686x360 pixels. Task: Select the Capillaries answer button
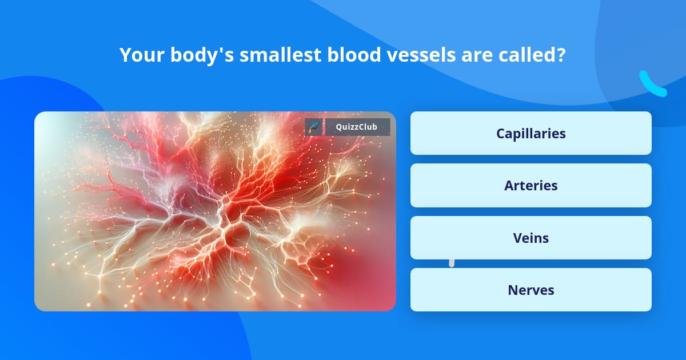(531, 133)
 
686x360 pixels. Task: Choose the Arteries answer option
(531, 186)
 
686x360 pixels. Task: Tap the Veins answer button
(531, 238)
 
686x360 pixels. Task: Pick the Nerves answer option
(531, 290)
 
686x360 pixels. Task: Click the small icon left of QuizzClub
(314, 127)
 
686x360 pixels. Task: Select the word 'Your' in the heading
(140, 55)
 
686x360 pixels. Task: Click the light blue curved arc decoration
(652, 85)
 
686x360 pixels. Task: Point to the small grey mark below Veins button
(452, 263)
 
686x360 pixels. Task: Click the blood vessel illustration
(215, 211)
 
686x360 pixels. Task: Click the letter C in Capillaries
(501, 133)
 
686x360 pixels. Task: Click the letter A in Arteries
(509, 186)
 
